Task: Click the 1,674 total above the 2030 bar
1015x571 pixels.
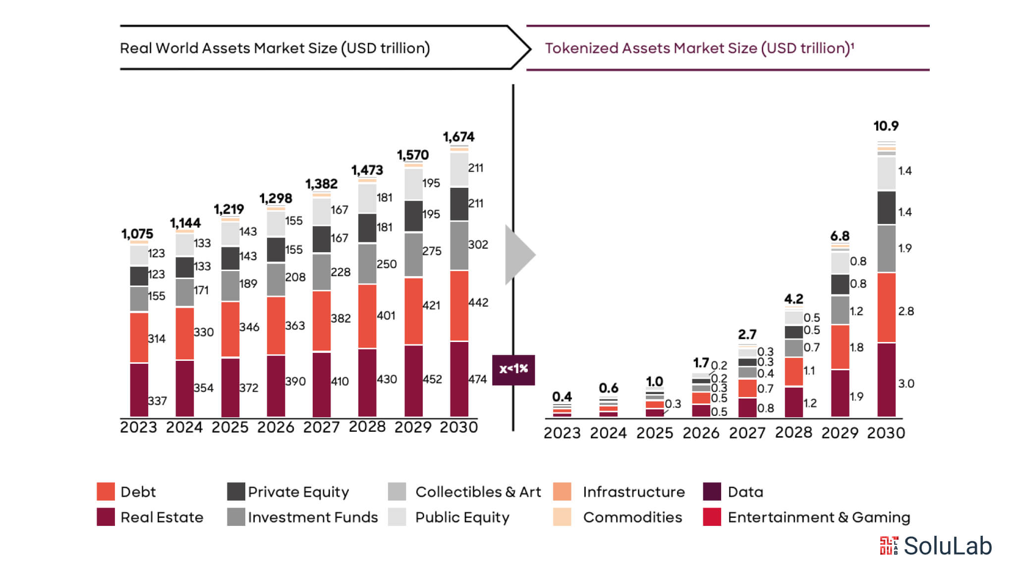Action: [458, 137]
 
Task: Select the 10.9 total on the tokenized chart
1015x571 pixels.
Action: [886, 126]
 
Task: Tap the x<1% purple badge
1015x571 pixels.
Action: [513, 369]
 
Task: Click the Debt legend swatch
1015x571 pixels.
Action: [106, 492]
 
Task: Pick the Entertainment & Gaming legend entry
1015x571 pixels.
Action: [818, 517]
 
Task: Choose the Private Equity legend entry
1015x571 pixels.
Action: [298, 492]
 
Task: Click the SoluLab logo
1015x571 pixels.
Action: [936, 546]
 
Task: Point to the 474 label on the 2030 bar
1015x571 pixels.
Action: [477, 379]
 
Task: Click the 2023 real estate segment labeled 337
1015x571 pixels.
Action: [139, 390]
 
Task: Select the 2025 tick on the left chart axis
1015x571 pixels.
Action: [229, 427]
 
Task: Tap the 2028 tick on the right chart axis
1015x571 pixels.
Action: [793, 432]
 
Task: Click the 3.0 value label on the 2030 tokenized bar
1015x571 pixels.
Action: [905, 384]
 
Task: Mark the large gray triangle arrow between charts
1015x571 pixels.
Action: [518, 255]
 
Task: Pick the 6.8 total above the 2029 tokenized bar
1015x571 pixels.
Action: [840, 236]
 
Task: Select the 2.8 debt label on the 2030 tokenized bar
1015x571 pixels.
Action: [905, 311]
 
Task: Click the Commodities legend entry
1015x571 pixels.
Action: [632, 517]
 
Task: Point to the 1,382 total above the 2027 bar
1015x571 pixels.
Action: [321, 184]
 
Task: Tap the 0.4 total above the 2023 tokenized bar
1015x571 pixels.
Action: [562, 397]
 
